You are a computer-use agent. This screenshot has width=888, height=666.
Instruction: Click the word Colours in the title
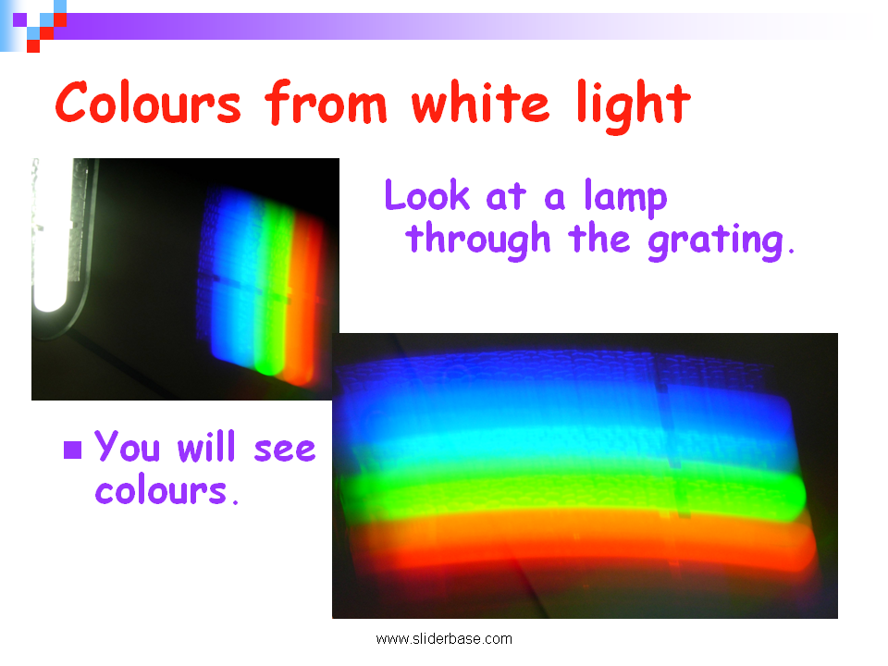148,102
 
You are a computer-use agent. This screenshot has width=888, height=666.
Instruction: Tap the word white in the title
480,102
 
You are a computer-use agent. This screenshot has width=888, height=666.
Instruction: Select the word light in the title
634,105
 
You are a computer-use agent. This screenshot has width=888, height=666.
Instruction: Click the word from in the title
327,102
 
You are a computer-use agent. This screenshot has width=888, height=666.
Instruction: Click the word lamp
625,198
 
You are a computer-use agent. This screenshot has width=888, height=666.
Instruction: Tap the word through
478,240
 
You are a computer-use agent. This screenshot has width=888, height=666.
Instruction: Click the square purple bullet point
73,450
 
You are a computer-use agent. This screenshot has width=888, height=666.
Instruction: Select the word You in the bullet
127,446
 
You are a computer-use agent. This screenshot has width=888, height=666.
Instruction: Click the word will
206,446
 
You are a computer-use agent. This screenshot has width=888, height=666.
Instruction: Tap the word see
284,450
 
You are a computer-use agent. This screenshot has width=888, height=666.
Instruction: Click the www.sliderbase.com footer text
444,639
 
